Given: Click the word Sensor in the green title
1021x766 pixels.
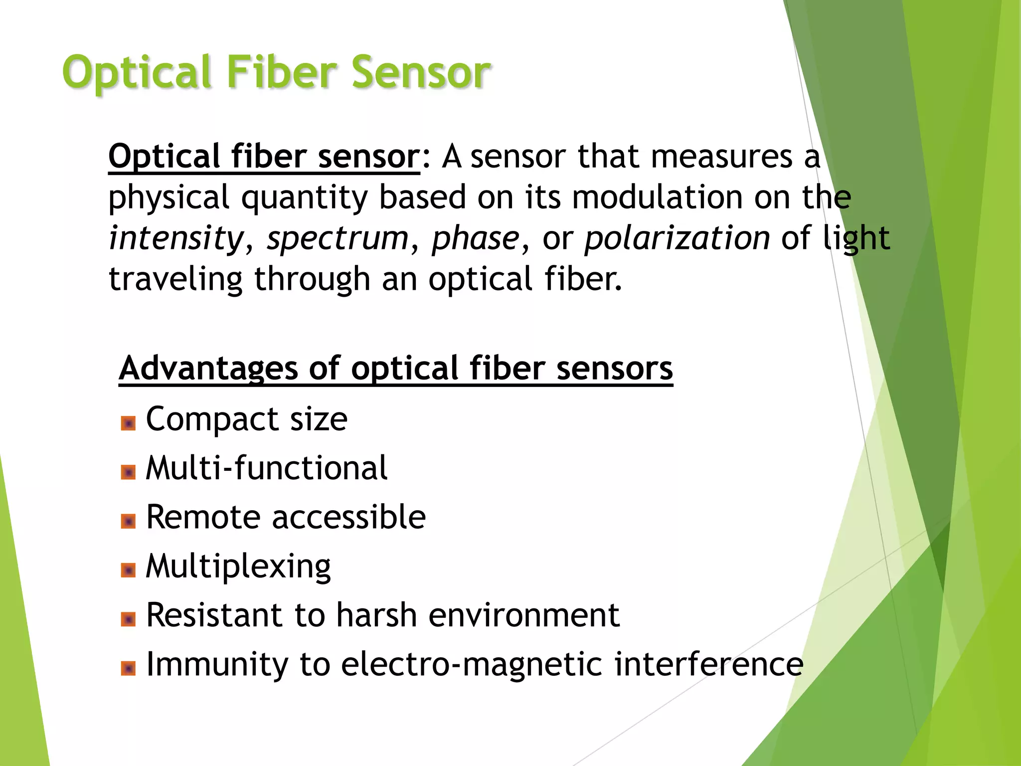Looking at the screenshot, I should click(421, 72).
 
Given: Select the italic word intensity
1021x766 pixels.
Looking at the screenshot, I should click(176, 238).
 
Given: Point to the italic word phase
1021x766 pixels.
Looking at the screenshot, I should click(476, 238).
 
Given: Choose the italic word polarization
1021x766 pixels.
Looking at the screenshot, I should click(677, 238).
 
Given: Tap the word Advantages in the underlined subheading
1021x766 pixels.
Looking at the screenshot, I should click(208, 369).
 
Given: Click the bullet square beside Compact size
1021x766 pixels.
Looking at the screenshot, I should click(128, 423).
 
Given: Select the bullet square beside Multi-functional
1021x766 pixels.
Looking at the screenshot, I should click(128, 472).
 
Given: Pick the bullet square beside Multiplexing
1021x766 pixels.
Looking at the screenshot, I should click(128, 570).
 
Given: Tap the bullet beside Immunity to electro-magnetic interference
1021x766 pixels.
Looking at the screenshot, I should click(128, 668).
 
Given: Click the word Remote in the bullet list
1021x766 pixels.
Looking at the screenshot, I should click(202, 517).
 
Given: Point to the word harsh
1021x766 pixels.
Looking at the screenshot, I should click(376, 615).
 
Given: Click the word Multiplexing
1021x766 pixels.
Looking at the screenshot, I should click(238, 567).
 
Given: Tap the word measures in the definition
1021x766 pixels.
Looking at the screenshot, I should click(721, 157).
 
